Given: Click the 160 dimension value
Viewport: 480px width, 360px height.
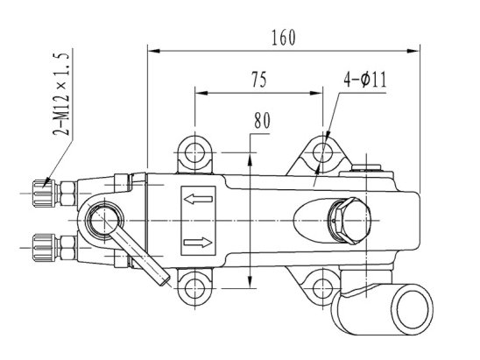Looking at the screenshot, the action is tap(284, 38).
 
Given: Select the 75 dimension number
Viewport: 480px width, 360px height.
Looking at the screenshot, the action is tap(259, 80).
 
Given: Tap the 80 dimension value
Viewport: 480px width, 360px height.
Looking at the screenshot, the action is tap(263, 121).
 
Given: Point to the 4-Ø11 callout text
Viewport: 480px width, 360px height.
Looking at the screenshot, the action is tap(365, 80).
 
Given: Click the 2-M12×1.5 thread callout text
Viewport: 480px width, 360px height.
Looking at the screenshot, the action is tap(61, 94).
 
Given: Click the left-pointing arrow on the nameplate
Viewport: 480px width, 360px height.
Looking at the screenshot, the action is tap(198, 200).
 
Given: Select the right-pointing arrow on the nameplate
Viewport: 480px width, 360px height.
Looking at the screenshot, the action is tap(198, 243).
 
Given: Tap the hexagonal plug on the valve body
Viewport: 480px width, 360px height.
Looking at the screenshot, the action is tap(349, 221).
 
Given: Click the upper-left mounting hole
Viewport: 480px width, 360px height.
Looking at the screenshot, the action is tap(194, 152).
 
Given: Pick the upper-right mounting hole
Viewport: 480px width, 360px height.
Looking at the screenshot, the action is tap(322, 152).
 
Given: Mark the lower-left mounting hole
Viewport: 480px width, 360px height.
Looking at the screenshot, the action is tap(194, 288).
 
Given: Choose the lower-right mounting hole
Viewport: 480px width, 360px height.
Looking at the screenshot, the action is tap(322, 288).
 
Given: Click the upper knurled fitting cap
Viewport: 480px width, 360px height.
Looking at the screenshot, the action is tap(44, 194).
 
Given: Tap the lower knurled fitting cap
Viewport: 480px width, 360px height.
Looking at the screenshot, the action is tap(44, 248).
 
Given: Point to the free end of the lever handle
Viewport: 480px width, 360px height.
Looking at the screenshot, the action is tap(165, 279).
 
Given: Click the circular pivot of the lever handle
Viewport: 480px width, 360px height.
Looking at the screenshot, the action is tap(104, 221).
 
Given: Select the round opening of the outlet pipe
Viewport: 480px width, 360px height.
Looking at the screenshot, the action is tap(413, 309).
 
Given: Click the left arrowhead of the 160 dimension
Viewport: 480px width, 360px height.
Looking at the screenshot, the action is tap(154, 51).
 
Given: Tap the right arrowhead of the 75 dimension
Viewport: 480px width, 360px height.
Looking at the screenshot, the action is tap(316, 93).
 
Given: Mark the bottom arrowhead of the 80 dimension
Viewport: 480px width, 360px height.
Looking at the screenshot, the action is tap(251, 282).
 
